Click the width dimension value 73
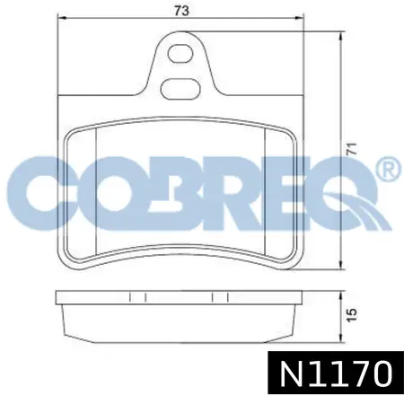tap(182, 11)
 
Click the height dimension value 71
tap(352, 149)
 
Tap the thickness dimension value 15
tap(353, 315)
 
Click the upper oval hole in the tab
tap(180, 54)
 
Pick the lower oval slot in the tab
tap(180, 89)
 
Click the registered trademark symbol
tap(388, 169)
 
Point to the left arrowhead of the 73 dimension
tap(61, 18)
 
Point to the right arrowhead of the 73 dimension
tap(300, 18)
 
